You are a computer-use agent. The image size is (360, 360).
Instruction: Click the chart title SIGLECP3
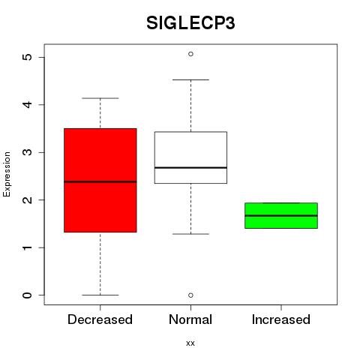(x=190, y=23)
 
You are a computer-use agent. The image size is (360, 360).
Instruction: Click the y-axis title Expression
(x=7, y=174)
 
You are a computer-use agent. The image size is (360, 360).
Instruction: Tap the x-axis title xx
(x=190, y=343)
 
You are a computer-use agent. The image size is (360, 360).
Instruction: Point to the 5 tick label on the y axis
(x=27, y=57)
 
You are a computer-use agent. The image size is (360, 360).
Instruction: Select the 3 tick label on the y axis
(x=27, y=152)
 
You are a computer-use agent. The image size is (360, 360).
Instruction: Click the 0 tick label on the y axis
(x=27, y=295)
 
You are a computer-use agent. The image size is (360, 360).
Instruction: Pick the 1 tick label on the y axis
(x=27, y=247)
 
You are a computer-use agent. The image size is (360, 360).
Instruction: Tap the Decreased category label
(x=100, y=319)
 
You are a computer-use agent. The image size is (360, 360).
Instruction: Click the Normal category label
(x=190, y=319)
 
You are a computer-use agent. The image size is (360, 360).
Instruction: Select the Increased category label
(x=281, y=319)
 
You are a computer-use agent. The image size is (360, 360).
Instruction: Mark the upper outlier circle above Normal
(x=190, y=54)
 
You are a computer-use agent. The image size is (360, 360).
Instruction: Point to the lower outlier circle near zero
(x=190, y=295)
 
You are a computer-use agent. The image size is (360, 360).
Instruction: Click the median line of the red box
(x=100, y=181)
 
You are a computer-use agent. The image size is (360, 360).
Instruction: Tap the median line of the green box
(x=281, y=215)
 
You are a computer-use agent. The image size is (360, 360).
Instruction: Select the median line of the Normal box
(x=190, y=167)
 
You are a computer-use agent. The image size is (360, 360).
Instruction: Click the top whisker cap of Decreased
(x=100, y=98)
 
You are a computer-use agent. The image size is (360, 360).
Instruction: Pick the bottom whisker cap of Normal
(x=190, y=234)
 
